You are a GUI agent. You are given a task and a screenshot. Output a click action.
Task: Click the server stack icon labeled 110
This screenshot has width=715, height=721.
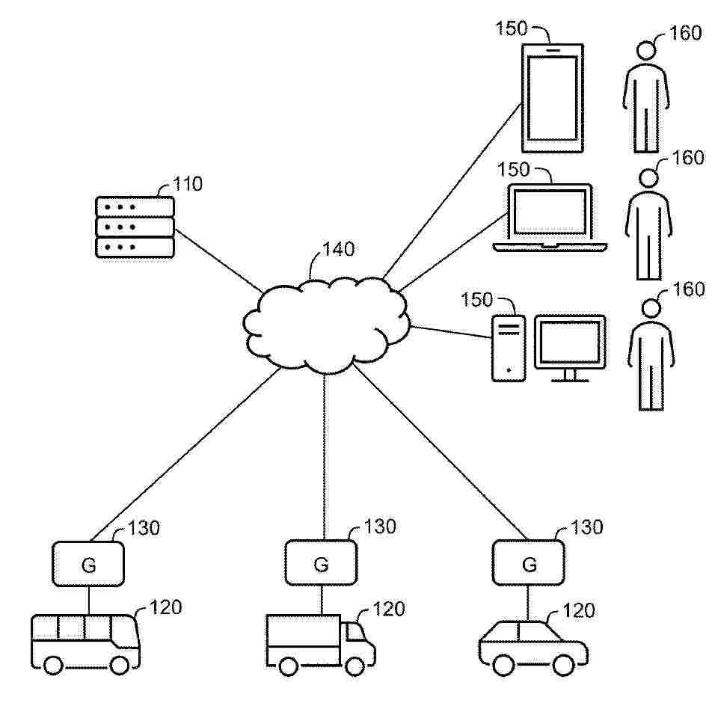[x=135, y=227]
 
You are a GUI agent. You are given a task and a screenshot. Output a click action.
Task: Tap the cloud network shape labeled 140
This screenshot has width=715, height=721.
[x=325, y=325]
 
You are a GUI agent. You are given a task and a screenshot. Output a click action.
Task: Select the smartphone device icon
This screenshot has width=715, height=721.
[x=552, y=98]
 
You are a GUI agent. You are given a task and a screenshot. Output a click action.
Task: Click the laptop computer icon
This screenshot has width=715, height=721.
[x=550, y=218]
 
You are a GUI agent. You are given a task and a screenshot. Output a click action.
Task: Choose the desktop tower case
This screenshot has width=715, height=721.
[x=509, y=348]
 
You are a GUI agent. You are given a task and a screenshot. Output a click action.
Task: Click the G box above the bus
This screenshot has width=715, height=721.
[x=88, y=564]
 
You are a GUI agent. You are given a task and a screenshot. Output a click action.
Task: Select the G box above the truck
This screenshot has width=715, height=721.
[x=321, y=562]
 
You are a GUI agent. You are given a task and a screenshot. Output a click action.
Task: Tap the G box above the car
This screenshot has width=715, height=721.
[x=529, y=562]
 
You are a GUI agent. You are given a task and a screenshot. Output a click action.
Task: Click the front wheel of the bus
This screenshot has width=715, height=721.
[x=120, y=665]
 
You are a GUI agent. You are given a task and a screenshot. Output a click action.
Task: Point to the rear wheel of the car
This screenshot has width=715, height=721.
[x=503, y=665]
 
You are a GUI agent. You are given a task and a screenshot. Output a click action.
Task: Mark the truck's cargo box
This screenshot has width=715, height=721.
[x=304, y=640]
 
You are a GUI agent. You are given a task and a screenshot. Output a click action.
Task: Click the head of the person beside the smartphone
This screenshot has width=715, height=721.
[x=646, y=51]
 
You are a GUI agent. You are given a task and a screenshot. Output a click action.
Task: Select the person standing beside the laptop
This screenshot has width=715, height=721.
[x=648, y=224]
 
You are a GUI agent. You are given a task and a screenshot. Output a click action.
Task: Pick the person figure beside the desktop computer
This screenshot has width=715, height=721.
[x=651, y=355]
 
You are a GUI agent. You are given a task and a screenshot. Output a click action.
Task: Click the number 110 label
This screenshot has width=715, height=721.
[x=188, y=184]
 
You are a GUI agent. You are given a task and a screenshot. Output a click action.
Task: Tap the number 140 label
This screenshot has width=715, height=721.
[x=339, y=249]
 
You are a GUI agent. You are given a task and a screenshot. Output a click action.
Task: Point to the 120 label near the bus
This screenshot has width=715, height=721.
[x=166, y=607]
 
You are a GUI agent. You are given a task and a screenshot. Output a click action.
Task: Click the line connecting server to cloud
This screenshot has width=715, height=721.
[x=218, y=260]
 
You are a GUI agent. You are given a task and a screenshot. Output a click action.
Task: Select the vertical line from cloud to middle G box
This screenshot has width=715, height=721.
[x=324, y=457]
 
